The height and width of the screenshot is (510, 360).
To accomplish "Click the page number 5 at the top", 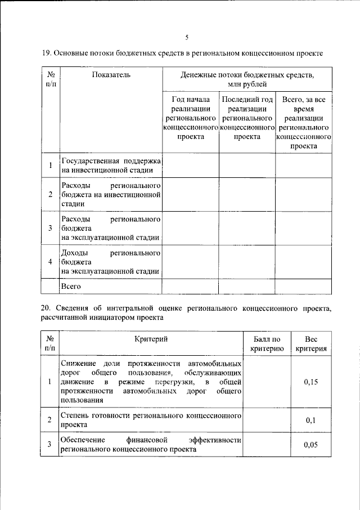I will tap(187, 37).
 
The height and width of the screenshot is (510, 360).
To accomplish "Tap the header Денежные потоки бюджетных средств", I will tap(247, 79).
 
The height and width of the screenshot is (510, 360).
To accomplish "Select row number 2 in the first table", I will tap(50, 195).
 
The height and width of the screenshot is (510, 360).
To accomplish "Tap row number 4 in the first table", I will tap(50, 262).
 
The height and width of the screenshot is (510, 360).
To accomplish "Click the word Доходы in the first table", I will tap(75, 253).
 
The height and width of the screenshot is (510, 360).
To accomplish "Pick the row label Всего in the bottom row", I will tap(71, 287).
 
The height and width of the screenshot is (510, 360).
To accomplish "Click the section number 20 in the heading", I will tap(46, 309).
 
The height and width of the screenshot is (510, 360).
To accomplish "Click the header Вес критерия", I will tap(311, 344).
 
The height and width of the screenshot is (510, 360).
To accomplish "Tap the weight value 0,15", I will tap(311, 382).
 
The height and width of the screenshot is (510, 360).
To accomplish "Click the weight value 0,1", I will tap(311, 420).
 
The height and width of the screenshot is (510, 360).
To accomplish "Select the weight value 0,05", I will tap(311, 445).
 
